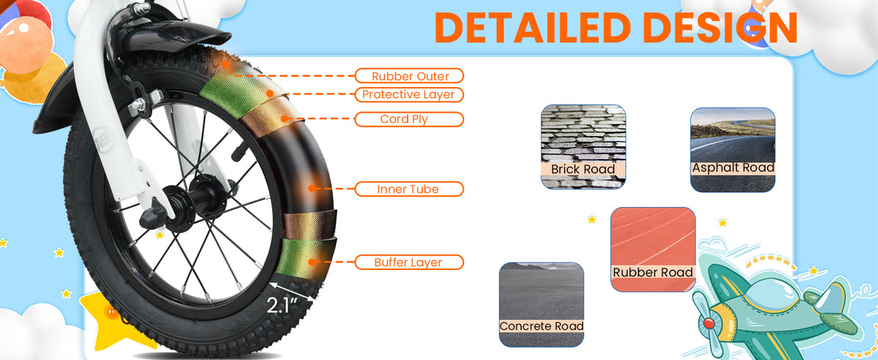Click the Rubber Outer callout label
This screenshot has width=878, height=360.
[409, 75]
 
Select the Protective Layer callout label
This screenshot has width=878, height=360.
[409, 94]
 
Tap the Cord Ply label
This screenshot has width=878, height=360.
[409, 119]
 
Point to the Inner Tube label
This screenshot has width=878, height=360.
[409, 189]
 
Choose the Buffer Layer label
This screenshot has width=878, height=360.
[409, 262]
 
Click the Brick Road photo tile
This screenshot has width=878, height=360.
[583, 146]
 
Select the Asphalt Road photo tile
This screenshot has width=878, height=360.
[732, 150]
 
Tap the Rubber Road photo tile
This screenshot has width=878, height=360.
[653, 250]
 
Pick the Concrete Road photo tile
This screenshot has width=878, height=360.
[541, 304]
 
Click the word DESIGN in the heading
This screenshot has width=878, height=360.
[721, 28]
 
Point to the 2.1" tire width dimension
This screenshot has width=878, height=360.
[282, 305]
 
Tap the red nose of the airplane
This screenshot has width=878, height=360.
[709, 323]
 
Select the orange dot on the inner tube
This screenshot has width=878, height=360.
[312, 189]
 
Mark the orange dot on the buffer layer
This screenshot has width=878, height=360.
[312, 262]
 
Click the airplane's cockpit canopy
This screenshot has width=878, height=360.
[770, 295]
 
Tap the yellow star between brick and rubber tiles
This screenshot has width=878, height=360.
[592, 220]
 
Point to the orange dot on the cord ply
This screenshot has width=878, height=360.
[285, 119]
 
